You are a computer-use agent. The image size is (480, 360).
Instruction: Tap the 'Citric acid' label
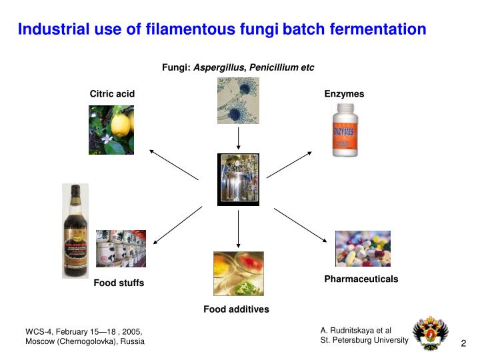(x=112, y=94)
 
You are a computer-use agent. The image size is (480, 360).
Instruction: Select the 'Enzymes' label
(x=344, y=94)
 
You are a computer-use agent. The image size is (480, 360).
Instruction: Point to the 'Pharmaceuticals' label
(x=361, y=279)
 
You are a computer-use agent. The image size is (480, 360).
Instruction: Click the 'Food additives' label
(x=236, y=309)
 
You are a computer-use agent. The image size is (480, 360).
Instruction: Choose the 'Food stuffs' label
(x=119, y=283)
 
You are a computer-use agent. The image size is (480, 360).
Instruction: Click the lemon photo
(x=111, y=130)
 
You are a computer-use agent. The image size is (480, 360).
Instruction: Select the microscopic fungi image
(x=238, y=101)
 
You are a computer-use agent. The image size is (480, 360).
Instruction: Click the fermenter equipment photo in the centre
(x=238, y=179)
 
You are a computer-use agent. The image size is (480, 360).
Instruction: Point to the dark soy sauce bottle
(x=75, y=231)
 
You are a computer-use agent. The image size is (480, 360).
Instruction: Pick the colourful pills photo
(x=363, y=249)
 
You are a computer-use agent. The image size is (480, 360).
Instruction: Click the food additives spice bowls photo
(x=238, y=273)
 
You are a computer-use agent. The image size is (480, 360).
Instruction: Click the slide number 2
(x=463, y=343)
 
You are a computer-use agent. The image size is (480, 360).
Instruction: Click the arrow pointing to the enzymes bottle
(x=289, y=164)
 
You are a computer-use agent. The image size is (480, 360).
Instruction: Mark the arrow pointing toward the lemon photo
(x=173, y=165)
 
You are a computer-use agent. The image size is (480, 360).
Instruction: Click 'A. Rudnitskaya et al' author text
(x=355, y=330)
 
